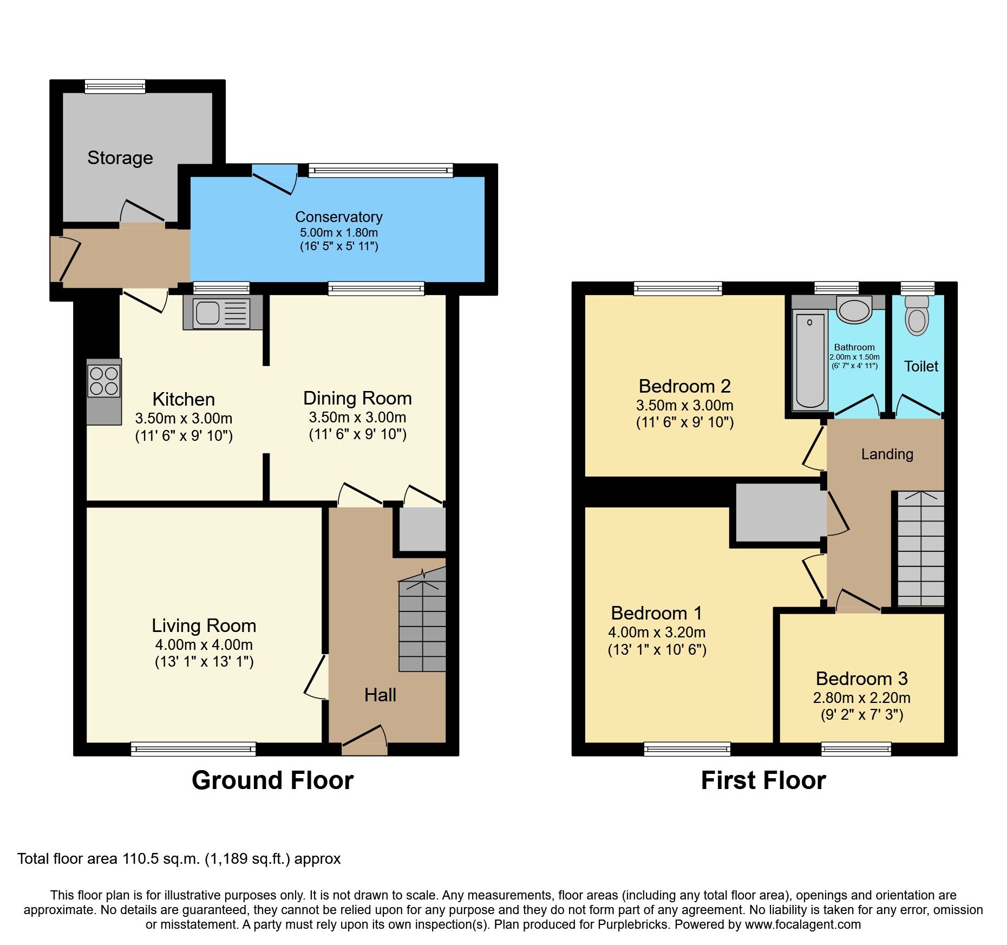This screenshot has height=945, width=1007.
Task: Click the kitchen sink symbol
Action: tap(222, 313)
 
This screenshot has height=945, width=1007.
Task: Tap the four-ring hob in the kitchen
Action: tap(104, 381)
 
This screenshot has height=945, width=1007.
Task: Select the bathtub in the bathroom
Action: tap(810, 360)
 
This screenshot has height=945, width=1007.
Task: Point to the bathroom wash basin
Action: tap(854, 310)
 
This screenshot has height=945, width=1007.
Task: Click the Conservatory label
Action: tap(338, 217)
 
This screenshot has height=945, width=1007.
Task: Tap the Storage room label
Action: tap(120, 158)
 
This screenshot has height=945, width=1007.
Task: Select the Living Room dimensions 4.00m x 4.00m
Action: tap(204, 644)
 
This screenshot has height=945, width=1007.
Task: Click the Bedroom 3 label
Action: tap(861, 679)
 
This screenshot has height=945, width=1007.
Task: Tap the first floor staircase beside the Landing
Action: tap(921, 550)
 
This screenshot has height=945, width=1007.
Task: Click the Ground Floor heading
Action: tap(272, 780)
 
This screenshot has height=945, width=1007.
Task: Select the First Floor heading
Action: tap(763, 780)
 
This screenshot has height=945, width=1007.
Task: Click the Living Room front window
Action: tap(193, 749)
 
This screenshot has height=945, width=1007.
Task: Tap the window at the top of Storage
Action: tap(115, 86)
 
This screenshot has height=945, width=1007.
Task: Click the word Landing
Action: tap(887, 454)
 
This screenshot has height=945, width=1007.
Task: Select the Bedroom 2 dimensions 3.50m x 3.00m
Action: tap(684, 405)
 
